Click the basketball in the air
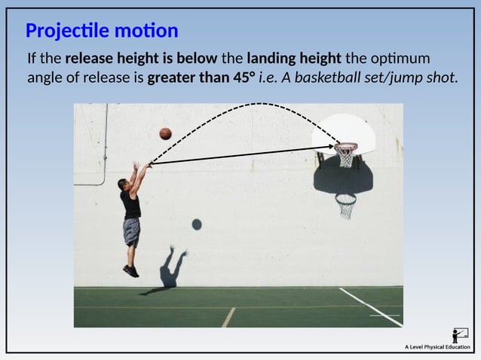coord(165,133)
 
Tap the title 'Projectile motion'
coord(102,31)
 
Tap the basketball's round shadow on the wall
coord(197,224)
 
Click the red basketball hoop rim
coord(345,145)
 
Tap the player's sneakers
coord(131,270)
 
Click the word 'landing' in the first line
coord(269,59)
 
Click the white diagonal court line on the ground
coord(371,307)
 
